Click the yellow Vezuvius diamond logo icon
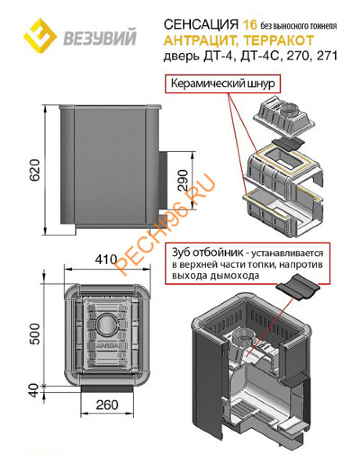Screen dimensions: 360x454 (40, 35)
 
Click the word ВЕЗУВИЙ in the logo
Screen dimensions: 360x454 (100, 37)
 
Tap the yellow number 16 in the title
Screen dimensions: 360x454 (250, 24)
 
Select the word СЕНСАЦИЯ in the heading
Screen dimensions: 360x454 (201, 24)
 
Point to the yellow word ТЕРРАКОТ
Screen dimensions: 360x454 (279, 40)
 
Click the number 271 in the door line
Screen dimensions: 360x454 (327, 56)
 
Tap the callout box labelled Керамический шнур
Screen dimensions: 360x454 (223, 84)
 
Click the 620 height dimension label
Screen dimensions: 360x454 (34, 170)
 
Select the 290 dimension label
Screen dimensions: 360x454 (182, 180)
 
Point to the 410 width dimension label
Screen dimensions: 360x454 (106, 259)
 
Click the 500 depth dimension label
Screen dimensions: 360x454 (34, 333)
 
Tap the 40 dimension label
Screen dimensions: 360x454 (34, 391)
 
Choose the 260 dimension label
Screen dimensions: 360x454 (107, 405)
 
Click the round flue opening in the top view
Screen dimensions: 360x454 (107, 325)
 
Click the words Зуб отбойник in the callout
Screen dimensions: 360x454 (207, 253)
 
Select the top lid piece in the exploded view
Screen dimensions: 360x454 (284, 115)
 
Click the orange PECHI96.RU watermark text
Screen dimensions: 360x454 (165, 225)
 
